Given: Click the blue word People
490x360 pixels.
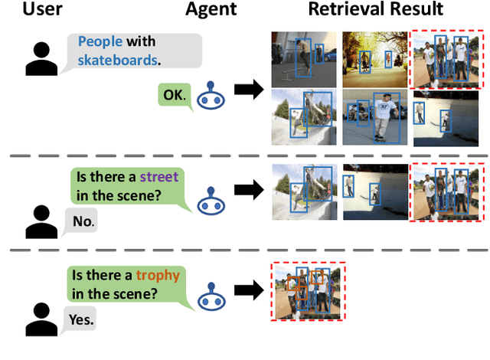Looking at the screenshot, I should tap(101, 41).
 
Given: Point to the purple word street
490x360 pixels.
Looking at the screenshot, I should tap(158, 177).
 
